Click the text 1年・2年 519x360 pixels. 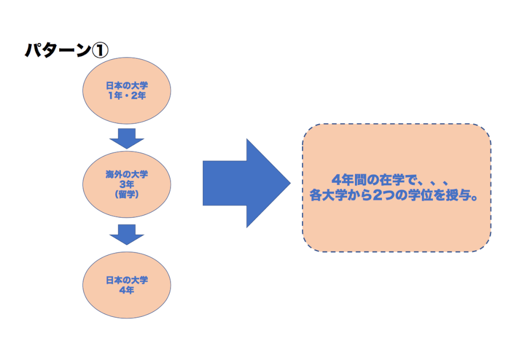point(127,96)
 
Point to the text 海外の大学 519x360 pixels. point(127,175)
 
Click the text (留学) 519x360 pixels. point(127,194)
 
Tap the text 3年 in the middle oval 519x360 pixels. point(127,184)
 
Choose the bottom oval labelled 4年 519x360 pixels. point(127,285)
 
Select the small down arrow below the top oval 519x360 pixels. point(127,138)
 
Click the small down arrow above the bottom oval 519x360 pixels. point(127,234)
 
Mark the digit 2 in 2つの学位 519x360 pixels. point(376,197)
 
